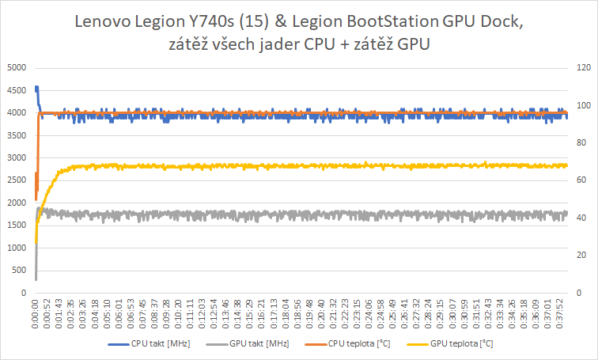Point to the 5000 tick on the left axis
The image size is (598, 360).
[x=15, y=67]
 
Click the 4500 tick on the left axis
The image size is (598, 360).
[x=15, y=90]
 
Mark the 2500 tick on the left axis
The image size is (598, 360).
[x=15, y=180]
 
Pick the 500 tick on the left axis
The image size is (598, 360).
[x=19, y=271]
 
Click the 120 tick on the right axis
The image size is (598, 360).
[x=582, y=67]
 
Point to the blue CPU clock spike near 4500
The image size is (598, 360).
[x=36, y=89]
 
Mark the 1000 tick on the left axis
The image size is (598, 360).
[x=15, y=248]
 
